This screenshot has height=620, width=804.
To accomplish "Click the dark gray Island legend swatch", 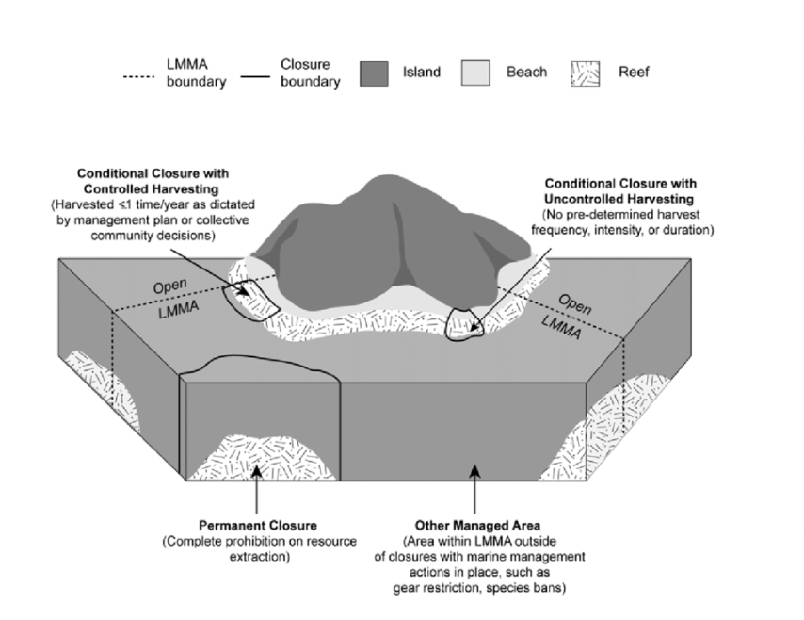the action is click(373, 73).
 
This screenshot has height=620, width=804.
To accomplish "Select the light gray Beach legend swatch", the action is click(475, 73).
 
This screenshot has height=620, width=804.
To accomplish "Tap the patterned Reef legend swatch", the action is click(585, 73).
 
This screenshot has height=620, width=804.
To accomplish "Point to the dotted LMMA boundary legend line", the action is click(138, 77).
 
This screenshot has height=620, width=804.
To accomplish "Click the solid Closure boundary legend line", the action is click(255, 77).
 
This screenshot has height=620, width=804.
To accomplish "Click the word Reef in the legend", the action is click(634, 72).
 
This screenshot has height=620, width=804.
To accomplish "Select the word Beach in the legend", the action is click(526, 72).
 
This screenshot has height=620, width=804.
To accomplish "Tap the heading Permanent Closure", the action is click(258, 526).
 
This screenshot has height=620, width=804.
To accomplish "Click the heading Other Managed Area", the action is click(477, 526).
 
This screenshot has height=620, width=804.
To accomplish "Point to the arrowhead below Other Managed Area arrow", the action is click(475, 470).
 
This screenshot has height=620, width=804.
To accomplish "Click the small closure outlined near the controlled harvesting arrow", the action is click(250, 302).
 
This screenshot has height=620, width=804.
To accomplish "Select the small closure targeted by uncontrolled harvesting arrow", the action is click(464, 325).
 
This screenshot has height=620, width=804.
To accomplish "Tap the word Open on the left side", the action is click(170, 286).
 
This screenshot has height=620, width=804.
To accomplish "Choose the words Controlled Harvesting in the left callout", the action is click(152, 188).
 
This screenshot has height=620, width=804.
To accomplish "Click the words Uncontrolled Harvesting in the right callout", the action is click(619, 199).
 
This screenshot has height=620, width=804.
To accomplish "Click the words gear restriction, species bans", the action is click(479, 588).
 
